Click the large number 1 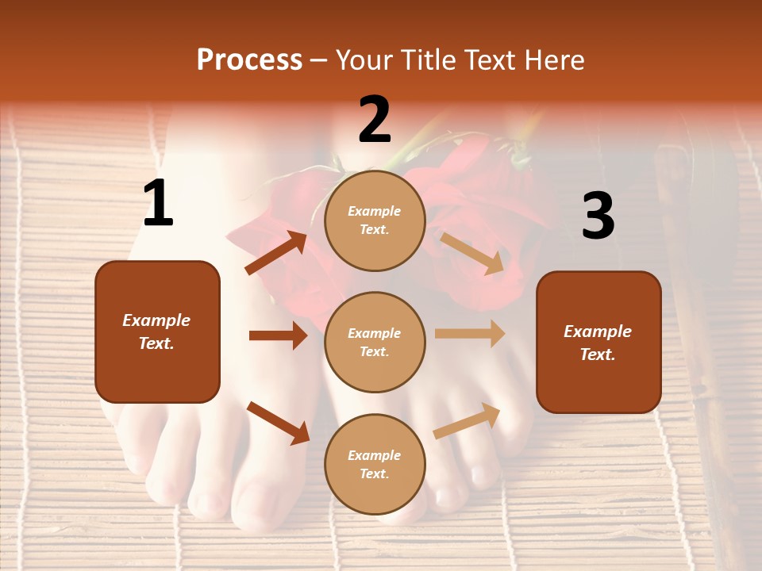pyautogui.click(x=158, y=204)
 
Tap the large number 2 pyautogui.click(x=375, y=120)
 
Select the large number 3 pyautogui.click(x=598, y=216)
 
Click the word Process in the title pyautogui.click(x=249, y=60)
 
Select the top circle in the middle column pyautogui.click(x=375, y=220)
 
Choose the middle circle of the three pyautogui.click(x=375, y=342)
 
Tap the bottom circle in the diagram pyautogui.click(x=375, y=464)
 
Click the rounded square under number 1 pyautogui.click(x=157, y=331)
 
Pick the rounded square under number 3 pyautogui.click(x=598, y=342)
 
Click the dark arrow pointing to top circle pyautogui.click(x=276, y=253)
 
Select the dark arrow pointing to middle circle pyautogui.click(x=278, y=335)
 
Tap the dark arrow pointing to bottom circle pyautogui.click(x=278, y=423)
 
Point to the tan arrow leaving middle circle pyautogui.click(x=470, y=334)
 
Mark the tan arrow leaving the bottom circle pyautogui.click(x=468, y=421)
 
